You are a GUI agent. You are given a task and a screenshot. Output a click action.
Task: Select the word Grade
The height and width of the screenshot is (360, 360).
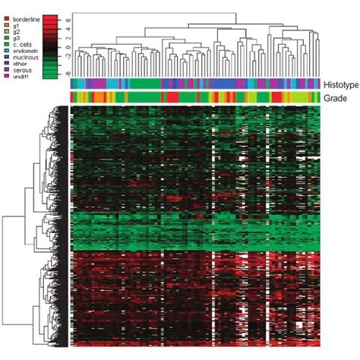tap(334, 98)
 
